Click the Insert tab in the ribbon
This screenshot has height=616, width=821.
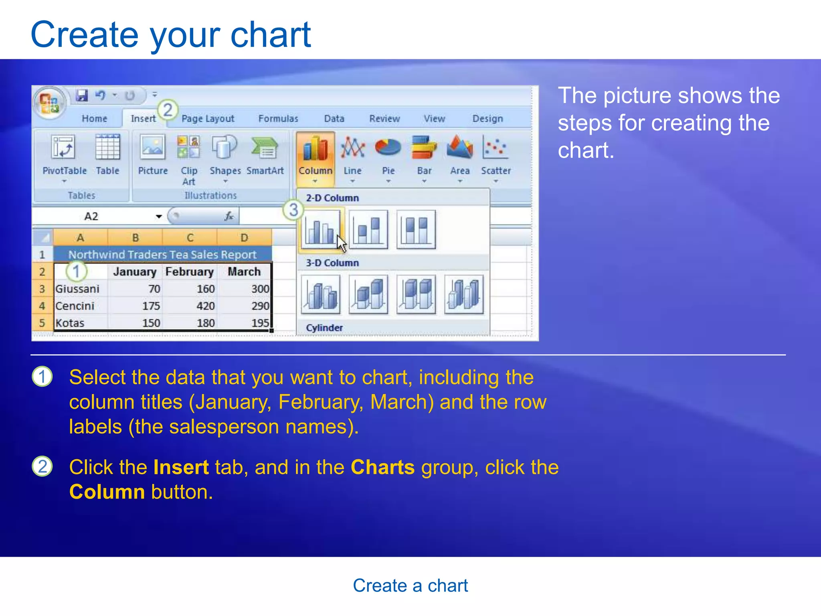click(x=143, y=118)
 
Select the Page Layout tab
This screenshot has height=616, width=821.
click(x=208, y=118)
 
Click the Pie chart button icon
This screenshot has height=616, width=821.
click(x=388, y=148)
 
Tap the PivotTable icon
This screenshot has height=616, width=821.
click(x=63, y=148)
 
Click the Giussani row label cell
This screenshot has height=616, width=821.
click(x=77, y=289)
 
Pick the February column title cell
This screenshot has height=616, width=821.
click(x=189, y=272)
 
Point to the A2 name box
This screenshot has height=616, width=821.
click(x=91, y=217)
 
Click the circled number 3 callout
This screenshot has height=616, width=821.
click(x=293, y=210)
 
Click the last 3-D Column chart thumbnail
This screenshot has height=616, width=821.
click(x=464, y=295)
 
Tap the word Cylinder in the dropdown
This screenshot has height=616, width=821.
click(x=324, y=328)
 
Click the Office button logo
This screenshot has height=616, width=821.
click(x=49, y=102)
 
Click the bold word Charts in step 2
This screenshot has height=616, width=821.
click(x=382, y=467)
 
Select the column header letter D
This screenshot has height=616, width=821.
click(x=244, y=237)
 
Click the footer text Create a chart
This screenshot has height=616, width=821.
click(x=410, y=586)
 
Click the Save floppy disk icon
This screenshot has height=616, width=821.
click(x=82, y=95)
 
